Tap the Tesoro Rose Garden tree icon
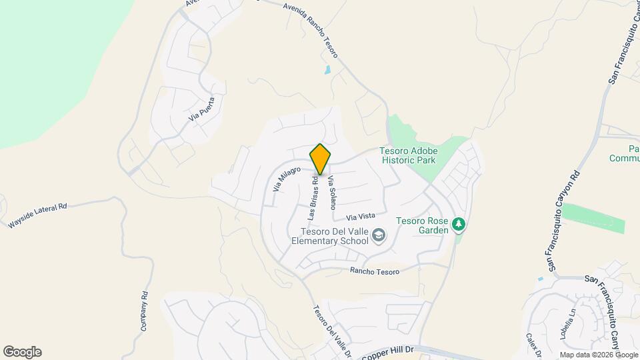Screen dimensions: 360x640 point(458,224)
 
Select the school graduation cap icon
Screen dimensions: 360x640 point(379,235)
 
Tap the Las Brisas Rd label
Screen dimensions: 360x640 point(313,198)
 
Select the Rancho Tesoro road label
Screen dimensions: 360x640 point(375,271)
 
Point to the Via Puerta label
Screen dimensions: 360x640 point(203,108)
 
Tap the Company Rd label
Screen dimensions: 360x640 point(143,312)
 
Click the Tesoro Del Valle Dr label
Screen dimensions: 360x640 point(331,331)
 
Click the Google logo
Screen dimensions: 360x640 point(22,351)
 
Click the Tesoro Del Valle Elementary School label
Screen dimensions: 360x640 point(329,236)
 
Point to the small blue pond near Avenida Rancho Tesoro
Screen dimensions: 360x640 point(327,69)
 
